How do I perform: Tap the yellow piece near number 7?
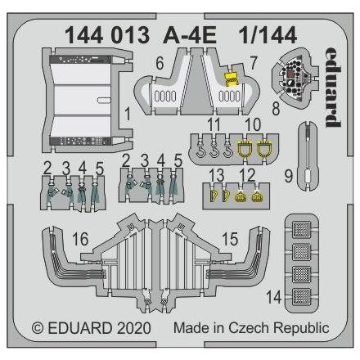click(x=232, y=79)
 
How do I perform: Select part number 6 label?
click(x=160, y=61)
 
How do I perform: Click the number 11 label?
click(x=214, y=124)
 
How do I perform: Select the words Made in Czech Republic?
click(x=251, y=328)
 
